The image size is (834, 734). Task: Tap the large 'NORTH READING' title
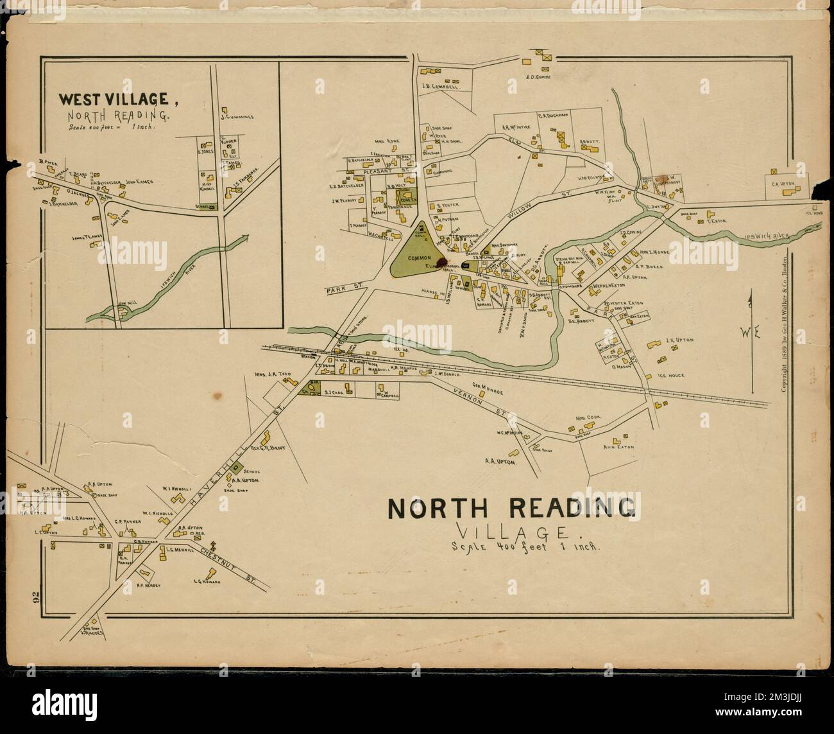(512, 508)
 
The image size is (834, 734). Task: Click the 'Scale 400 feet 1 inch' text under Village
(525, 548)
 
